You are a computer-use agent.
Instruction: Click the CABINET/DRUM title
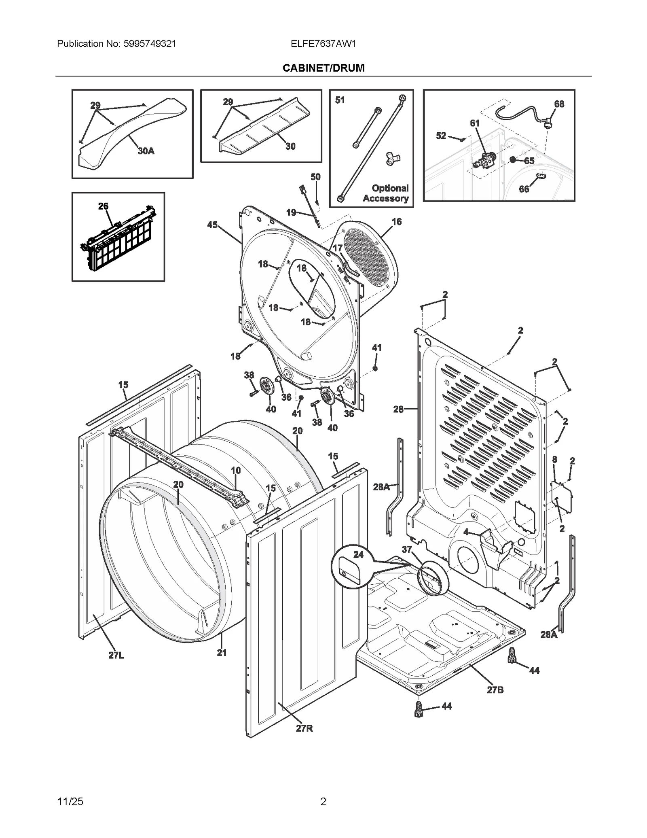pyautogui.click(x=323, y=68)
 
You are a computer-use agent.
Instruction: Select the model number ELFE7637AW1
pyautogui.click(x=323, y=44)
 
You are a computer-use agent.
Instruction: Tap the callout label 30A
pyautogui.click(x=146, y=151)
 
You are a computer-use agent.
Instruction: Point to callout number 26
pyautogui.click(x=103, y=206)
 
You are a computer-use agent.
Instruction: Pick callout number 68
pyautogui.click(x=559, y=104)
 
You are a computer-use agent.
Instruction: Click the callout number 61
pyautogui.click(x=474, y=123)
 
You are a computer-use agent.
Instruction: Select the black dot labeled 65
pyautogui.click(x=513, y=160)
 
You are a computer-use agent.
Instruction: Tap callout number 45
pyautogui.click(x=212, y=225)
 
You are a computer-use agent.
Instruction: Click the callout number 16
pyautogui.click(x=396, y=221)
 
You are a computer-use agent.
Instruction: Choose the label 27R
pyautogui.click(x=304, y=728)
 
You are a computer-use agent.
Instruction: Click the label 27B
pyautogui.click(x=495, y=690)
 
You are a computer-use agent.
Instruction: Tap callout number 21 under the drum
pyautogui.click(x=222, y=652)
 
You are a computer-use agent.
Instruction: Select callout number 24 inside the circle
pyautogui.click(x=358, y=554)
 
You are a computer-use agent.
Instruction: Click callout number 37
pyautogui.click(x=406, y=549)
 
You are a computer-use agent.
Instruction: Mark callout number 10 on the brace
pyautogui.click(x=236, y=470)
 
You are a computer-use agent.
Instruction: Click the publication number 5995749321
pyautogui.click(x=149, y=44)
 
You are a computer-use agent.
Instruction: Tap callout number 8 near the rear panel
pyautogui.click(x=554, y=459)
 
